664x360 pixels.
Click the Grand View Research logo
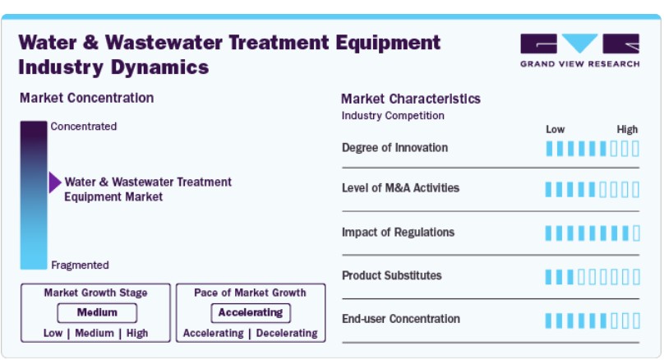tap(579, 50)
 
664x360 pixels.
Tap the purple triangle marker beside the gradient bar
tap(55, 182)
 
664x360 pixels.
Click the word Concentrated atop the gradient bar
tap(84, 127)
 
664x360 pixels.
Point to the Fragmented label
tap(80, 265)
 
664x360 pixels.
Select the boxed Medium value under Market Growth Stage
tap(97, 312)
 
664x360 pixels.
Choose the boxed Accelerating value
tap(251, 312)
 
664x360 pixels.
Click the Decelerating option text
tap(287, 334)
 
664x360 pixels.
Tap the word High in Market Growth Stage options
tap(137, 334)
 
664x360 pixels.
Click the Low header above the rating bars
tap(556, 129)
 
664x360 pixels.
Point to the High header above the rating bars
tap(627, 129)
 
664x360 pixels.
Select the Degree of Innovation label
tap(394, 147)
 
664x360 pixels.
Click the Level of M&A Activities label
tap(400, 187)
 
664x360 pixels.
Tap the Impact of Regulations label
tap(398, 232)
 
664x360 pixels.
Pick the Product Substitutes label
tap(392, 275)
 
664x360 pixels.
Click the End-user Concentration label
tap(401, 319)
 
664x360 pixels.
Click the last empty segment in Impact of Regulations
tap(636, 233)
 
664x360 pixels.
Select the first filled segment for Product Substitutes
tap(549, 277)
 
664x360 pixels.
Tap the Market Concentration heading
tap(87, 98)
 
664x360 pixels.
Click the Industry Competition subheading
tap(393, 116)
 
